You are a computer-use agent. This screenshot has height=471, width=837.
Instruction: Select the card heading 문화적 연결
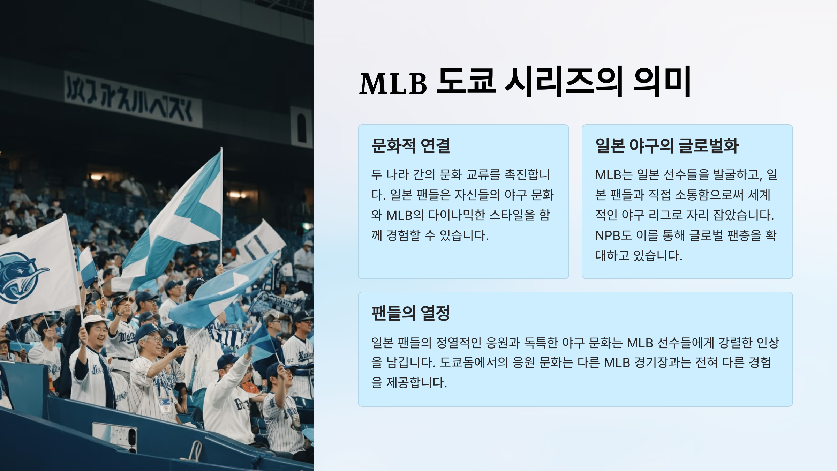point(410,145)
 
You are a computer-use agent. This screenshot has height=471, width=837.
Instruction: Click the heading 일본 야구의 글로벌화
point(666,145)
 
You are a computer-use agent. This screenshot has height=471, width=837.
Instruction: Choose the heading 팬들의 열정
point(410,313)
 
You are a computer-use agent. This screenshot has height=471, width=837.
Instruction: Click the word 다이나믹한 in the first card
point(457,215)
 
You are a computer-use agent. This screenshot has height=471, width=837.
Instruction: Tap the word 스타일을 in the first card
point(512,215)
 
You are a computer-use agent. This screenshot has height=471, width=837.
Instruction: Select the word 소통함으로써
point(709,195)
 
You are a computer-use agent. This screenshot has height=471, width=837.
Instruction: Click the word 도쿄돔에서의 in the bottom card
point(473,362)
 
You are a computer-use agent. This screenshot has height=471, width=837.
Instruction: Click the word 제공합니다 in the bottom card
point(416,383)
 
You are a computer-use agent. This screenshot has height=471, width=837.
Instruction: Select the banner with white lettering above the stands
point(133,100)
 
